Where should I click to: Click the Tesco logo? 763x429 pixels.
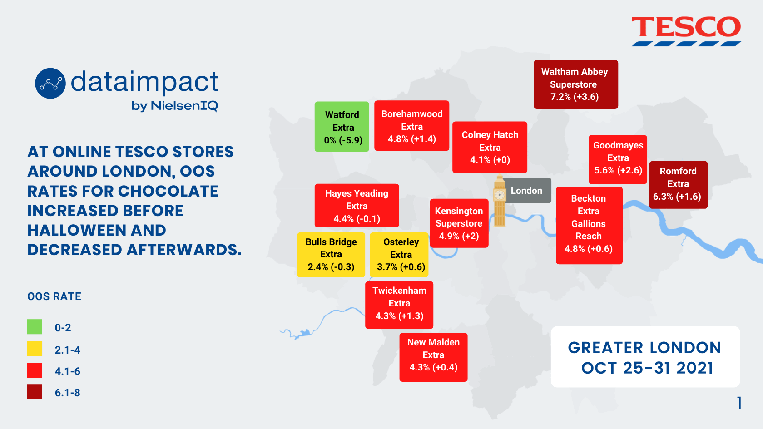[x=686, y=31]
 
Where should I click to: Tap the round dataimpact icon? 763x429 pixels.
[x=50, y=84]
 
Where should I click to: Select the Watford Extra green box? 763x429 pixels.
[x=342, y=127]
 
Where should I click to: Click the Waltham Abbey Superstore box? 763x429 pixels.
[x=576, y=84]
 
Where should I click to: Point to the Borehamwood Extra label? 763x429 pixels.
[x=411, y=126]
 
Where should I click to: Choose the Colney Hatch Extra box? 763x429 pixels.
[x=490, y=147]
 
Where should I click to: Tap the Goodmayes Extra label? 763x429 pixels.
[x=618, y=159]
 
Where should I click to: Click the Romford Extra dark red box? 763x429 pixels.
[x=679, y=185]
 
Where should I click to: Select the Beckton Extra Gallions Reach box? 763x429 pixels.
[x=590, y=225]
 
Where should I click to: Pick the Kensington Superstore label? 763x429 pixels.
[x=459, y=223]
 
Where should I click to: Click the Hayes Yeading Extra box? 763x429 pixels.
[x=357, y=206]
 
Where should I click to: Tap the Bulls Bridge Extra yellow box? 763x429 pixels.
[x=331, y=255]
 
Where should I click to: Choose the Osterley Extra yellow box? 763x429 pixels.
[x=399, y=255]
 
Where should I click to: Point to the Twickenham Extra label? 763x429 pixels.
[x=399, y=305]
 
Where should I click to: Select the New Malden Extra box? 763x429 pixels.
[x=433, y=357]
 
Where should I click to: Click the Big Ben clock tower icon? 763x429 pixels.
[x=500, y=201]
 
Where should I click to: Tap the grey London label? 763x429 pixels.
[x=527, y=190]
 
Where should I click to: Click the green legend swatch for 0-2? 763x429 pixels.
[x=35, y=327]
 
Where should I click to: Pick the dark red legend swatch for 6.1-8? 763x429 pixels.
[x=35, y=391]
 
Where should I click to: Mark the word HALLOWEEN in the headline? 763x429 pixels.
[x=97, y=230]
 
